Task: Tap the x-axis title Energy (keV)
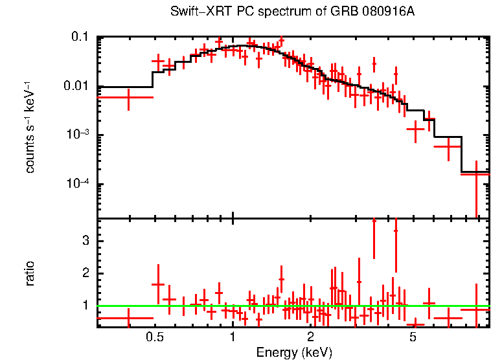pyautogui.click(x=294, y=352)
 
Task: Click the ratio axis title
pyautogui.click(x=30, y=273)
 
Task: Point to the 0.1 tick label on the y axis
pyautogui.click(x=79, y=38)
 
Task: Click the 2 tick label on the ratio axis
pyautogui.click(x=84, y=273)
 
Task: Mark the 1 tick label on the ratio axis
pyautogui.click(x=84, y=305)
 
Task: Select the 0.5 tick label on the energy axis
pyautogui.click(x=154, y=337)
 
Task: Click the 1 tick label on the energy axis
pyautogui.click(x=233, y=337)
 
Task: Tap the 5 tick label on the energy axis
pyautogui.click(x=413, y=337)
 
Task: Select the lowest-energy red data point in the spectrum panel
pyautogui.click(x=128, y=97)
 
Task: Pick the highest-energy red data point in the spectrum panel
pyautogui.click(x=476, y=174)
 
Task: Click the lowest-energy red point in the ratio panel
pyautogui.click(x=128, y=318)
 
